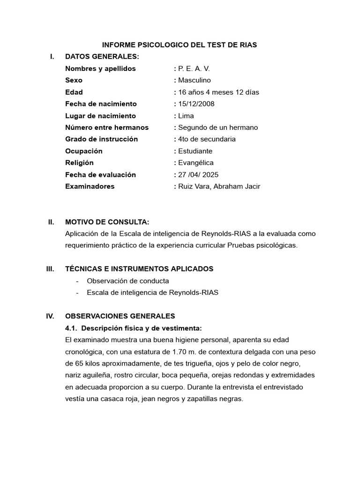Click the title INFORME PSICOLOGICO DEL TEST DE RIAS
coord(180,45)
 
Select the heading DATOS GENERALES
coord(102,57)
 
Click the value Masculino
coord(195,80)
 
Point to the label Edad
coord(74,92)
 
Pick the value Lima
coord(186,116)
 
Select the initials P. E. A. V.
coord(194,68)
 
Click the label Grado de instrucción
coord(102,139)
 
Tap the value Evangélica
coord(196,163)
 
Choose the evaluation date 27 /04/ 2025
coord(199,174)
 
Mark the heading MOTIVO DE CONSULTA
coord(107,222)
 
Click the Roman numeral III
coord(50,269)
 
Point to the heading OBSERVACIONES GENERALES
coord(120,316)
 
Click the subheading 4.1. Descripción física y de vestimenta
coord(133,328)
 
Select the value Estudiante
coord(195,151)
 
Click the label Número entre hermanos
coord(107,127)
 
